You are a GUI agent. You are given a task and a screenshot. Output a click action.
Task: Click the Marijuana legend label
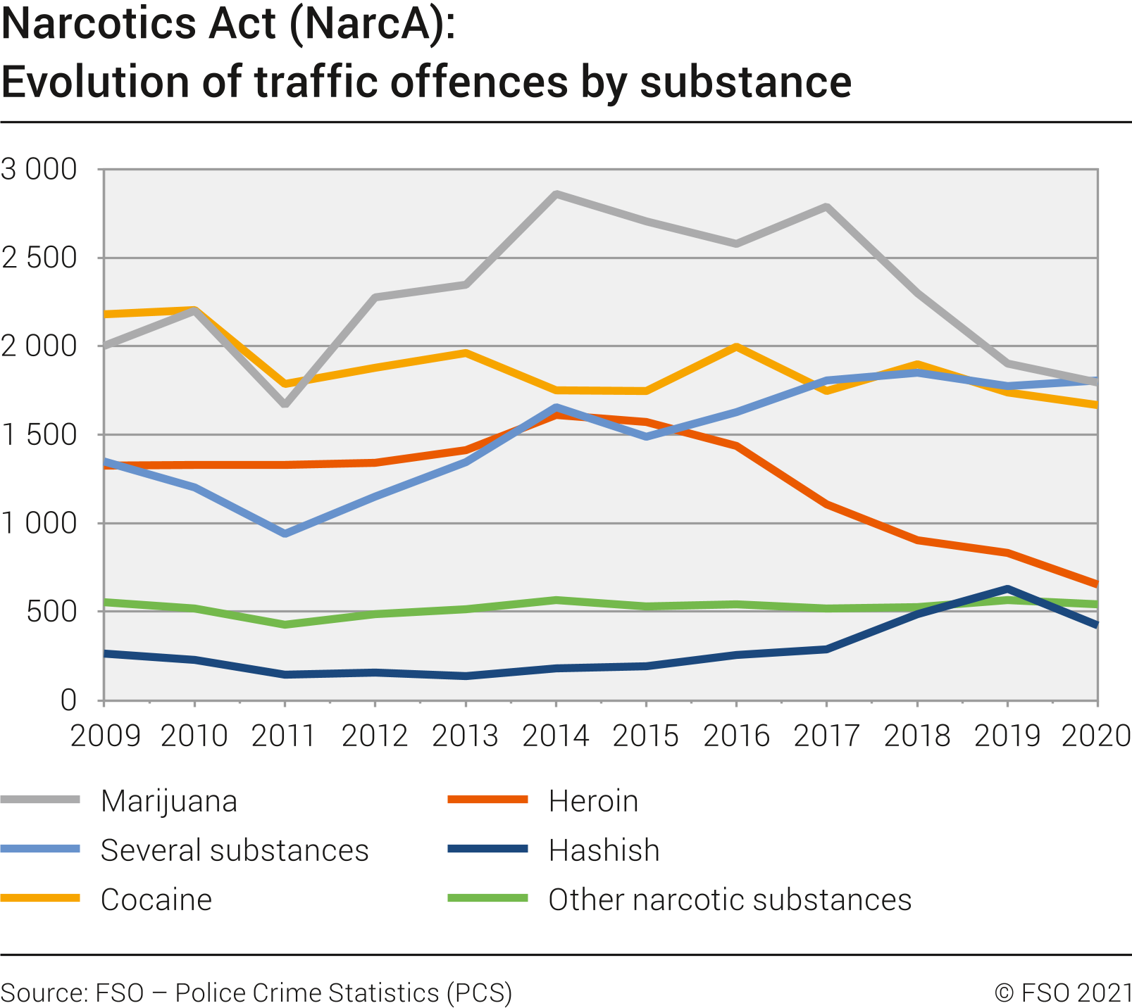(x=169, y=801)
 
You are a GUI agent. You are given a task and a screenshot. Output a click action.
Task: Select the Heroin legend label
(x=593, y=801)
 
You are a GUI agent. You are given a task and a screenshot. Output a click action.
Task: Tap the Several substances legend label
(x=235, y=850)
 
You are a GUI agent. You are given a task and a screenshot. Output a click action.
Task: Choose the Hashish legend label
(x=604, y=850)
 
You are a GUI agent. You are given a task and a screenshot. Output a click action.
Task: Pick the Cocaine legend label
(x=156, y=900)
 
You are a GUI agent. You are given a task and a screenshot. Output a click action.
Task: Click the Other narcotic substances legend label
(x=730, y=900)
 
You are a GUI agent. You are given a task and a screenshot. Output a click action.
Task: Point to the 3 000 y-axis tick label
(x=39, y=170)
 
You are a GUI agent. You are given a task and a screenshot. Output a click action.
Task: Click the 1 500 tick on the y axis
(x=39, y=435)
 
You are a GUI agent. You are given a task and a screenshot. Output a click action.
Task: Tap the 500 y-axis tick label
(x=51, y=612)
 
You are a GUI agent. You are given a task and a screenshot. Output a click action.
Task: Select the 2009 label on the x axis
(x=105, y=736)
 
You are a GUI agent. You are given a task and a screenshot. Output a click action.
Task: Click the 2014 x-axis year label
(x=556, y=736)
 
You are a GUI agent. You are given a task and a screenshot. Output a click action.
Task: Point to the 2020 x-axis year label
(x=1096, y=736)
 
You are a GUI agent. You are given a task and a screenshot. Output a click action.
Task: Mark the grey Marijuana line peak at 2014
(x=556, y=194)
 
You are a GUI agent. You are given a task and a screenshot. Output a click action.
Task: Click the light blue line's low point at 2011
(x=285, y=534)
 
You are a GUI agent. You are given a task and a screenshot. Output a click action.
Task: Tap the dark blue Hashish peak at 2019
(x=1007, y=588)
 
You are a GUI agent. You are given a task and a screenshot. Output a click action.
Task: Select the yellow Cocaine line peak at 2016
(x=736, y=346)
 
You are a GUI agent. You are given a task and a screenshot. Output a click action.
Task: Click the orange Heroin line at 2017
(x=826, y=504)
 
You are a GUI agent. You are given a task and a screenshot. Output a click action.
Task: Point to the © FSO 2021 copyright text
(x=1062, y=993)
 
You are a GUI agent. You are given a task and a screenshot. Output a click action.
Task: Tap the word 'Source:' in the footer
(x=44, y=993)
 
